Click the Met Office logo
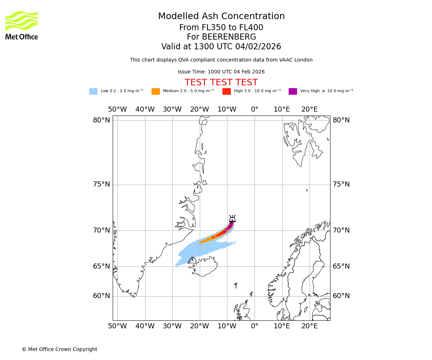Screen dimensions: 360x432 coord(22,25)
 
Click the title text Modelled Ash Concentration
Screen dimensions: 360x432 coord(221,16)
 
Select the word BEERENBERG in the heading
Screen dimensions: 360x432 coord(229,37)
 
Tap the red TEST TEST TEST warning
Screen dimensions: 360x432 coord(221,82)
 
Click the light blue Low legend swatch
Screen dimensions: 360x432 coord(93,91)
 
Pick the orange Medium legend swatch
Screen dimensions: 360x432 coord(156,91)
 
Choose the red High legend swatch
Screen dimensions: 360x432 coord(226,91)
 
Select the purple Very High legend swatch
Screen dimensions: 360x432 coord(293,91)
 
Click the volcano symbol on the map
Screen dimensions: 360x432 coord(232,219)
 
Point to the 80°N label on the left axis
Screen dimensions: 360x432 coord(102,120)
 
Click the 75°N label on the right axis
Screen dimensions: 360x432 coord(341,184)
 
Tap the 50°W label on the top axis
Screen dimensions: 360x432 coord(117,109)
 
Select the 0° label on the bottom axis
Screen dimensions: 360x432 coord(255,326)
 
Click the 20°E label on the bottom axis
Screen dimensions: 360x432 coord(309,326)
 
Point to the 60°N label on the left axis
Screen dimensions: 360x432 coord(102,296)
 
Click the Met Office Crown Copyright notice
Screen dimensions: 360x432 coord(59,349)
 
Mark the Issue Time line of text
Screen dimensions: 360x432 coord(221,72)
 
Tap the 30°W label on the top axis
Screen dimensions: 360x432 coord(172,109)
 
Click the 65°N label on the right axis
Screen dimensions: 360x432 coord(341,266)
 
